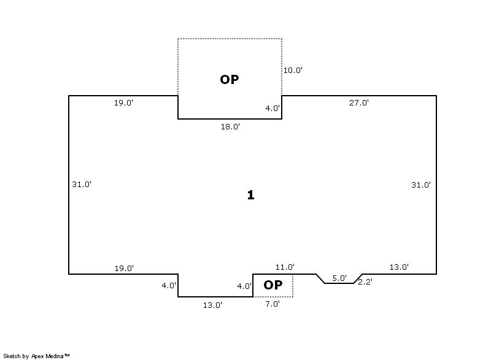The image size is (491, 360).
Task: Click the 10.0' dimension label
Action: click(x=293, y=70)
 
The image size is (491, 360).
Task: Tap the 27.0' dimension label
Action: click(x=359, y=102)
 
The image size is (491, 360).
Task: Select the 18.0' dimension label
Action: click(x=230, y=127)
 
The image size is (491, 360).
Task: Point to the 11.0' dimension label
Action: click(x=285, y=267)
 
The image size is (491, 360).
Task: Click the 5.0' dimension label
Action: click(x=339, y=278)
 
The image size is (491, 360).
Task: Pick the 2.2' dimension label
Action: click(x=365, y=282)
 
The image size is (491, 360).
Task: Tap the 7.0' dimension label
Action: click(x=273, y=304)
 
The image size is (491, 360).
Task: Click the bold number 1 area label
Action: click(x=250, y=195)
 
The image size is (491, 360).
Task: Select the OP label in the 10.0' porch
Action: click(x=230, y=80)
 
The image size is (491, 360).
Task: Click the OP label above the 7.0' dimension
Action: click(x=273, y=285)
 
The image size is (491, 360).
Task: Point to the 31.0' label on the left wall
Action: click(x=82, y=184)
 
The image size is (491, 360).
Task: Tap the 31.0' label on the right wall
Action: click(x=421, y=185)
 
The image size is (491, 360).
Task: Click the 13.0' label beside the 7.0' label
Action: click(x=212, y=305)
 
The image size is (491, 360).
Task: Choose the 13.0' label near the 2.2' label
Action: click(x=399, y=267)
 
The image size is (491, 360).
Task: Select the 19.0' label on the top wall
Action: click(x=123, y=102)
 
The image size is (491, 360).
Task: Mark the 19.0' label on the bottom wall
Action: click(x=124, y=268)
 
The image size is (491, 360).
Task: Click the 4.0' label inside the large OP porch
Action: click(x=273, y=108)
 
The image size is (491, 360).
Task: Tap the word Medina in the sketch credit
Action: click(x=55, y=356)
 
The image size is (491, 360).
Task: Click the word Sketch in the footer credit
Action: click(x=12, y=356)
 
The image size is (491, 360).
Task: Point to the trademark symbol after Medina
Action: click(x=67, y=355)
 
